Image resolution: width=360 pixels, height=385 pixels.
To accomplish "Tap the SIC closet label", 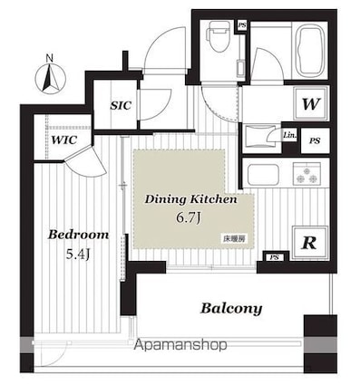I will pos(120,105).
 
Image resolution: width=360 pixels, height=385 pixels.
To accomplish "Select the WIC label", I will pos(63,140).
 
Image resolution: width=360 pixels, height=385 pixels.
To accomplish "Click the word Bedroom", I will pos(79,234).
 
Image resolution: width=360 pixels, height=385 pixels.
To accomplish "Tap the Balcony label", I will pos(231,308).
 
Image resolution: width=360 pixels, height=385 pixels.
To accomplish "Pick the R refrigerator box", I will pos(309,243).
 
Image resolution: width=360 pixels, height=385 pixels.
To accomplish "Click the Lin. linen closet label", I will pos(289,136).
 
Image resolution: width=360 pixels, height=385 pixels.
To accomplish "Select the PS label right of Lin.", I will pos(314,140).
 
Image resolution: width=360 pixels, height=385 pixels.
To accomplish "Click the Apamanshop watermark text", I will pos(180,346).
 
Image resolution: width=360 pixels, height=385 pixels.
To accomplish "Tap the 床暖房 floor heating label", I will pos(233,238).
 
